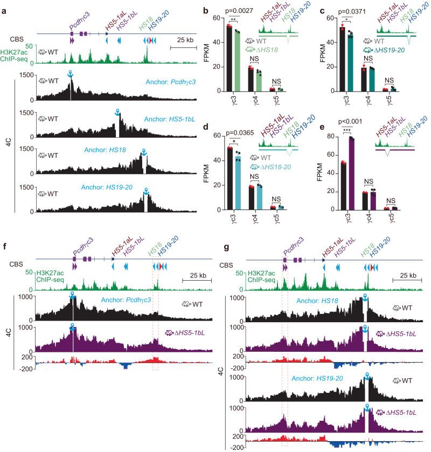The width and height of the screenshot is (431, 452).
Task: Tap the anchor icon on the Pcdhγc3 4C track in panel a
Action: pyautogui.click(x=69, y=74)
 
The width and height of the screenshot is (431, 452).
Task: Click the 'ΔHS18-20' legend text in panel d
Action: pyautogui.click(x=268, y=167)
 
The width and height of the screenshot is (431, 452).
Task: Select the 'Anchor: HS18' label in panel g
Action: pyautogui.click(x=304, y=300)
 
